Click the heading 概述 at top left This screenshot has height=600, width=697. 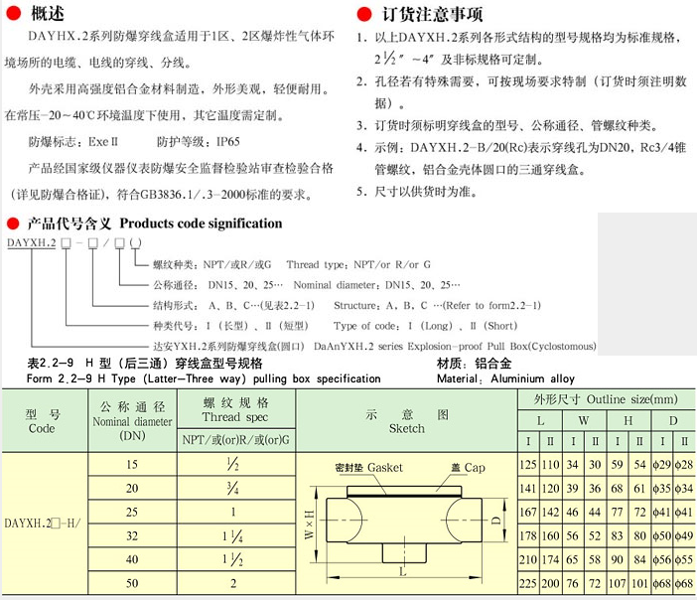tap(49, 14)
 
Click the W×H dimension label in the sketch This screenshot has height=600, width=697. tap(310, 520)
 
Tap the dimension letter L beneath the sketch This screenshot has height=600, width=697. tap(401, 572)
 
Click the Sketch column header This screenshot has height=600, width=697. tap(407, 421)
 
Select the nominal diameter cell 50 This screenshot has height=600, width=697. tap(131, 583)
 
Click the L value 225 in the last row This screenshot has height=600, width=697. tap(528, 583)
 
